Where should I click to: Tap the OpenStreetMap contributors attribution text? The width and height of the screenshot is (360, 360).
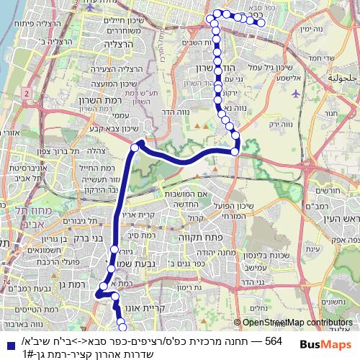[x=297, y=323]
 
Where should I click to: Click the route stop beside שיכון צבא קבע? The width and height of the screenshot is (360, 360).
[x=135, y=148]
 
